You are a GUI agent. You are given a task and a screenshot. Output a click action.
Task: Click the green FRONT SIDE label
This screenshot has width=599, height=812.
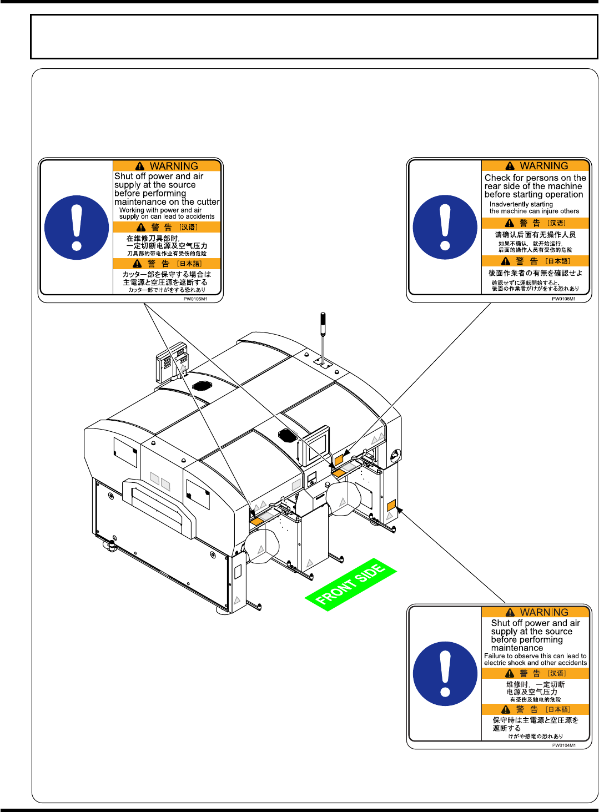pos(351,584)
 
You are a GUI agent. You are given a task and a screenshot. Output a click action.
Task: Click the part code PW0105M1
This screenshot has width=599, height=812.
pos(195,299)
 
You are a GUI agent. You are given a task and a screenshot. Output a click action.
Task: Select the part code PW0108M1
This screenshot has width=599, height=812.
pos(564,299)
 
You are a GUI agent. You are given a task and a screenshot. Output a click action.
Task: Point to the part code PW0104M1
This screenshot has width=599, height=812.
pos(564,745)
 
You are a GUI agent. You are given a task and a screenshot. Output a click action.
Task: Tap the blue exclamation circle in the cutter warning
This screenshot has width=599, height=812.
pos(77,228)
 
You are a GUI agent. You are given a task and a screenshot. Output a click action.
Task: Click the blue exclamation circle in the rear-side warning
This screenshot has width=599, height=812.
pos(445,228)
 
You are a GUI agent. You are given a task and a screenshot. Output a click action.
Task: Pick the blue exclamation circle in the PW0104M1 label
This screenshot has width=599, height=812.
pos(445,674)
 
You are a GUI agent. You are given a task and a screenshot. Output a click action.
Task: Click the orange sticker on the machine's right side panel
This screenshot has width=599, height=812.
pos(391,505)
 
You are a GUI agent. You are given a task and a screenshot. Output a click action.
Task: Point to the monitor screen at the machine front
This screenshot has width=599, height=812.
pos(318,445)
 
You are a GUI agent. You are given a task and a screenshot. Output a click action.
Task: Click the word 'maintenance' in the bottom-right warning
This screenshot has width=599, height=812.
pos(517,648)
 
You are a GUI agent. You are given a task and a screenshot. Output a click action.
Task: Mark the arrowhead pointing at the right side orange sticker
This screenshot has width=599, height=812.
pos(399,510)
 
